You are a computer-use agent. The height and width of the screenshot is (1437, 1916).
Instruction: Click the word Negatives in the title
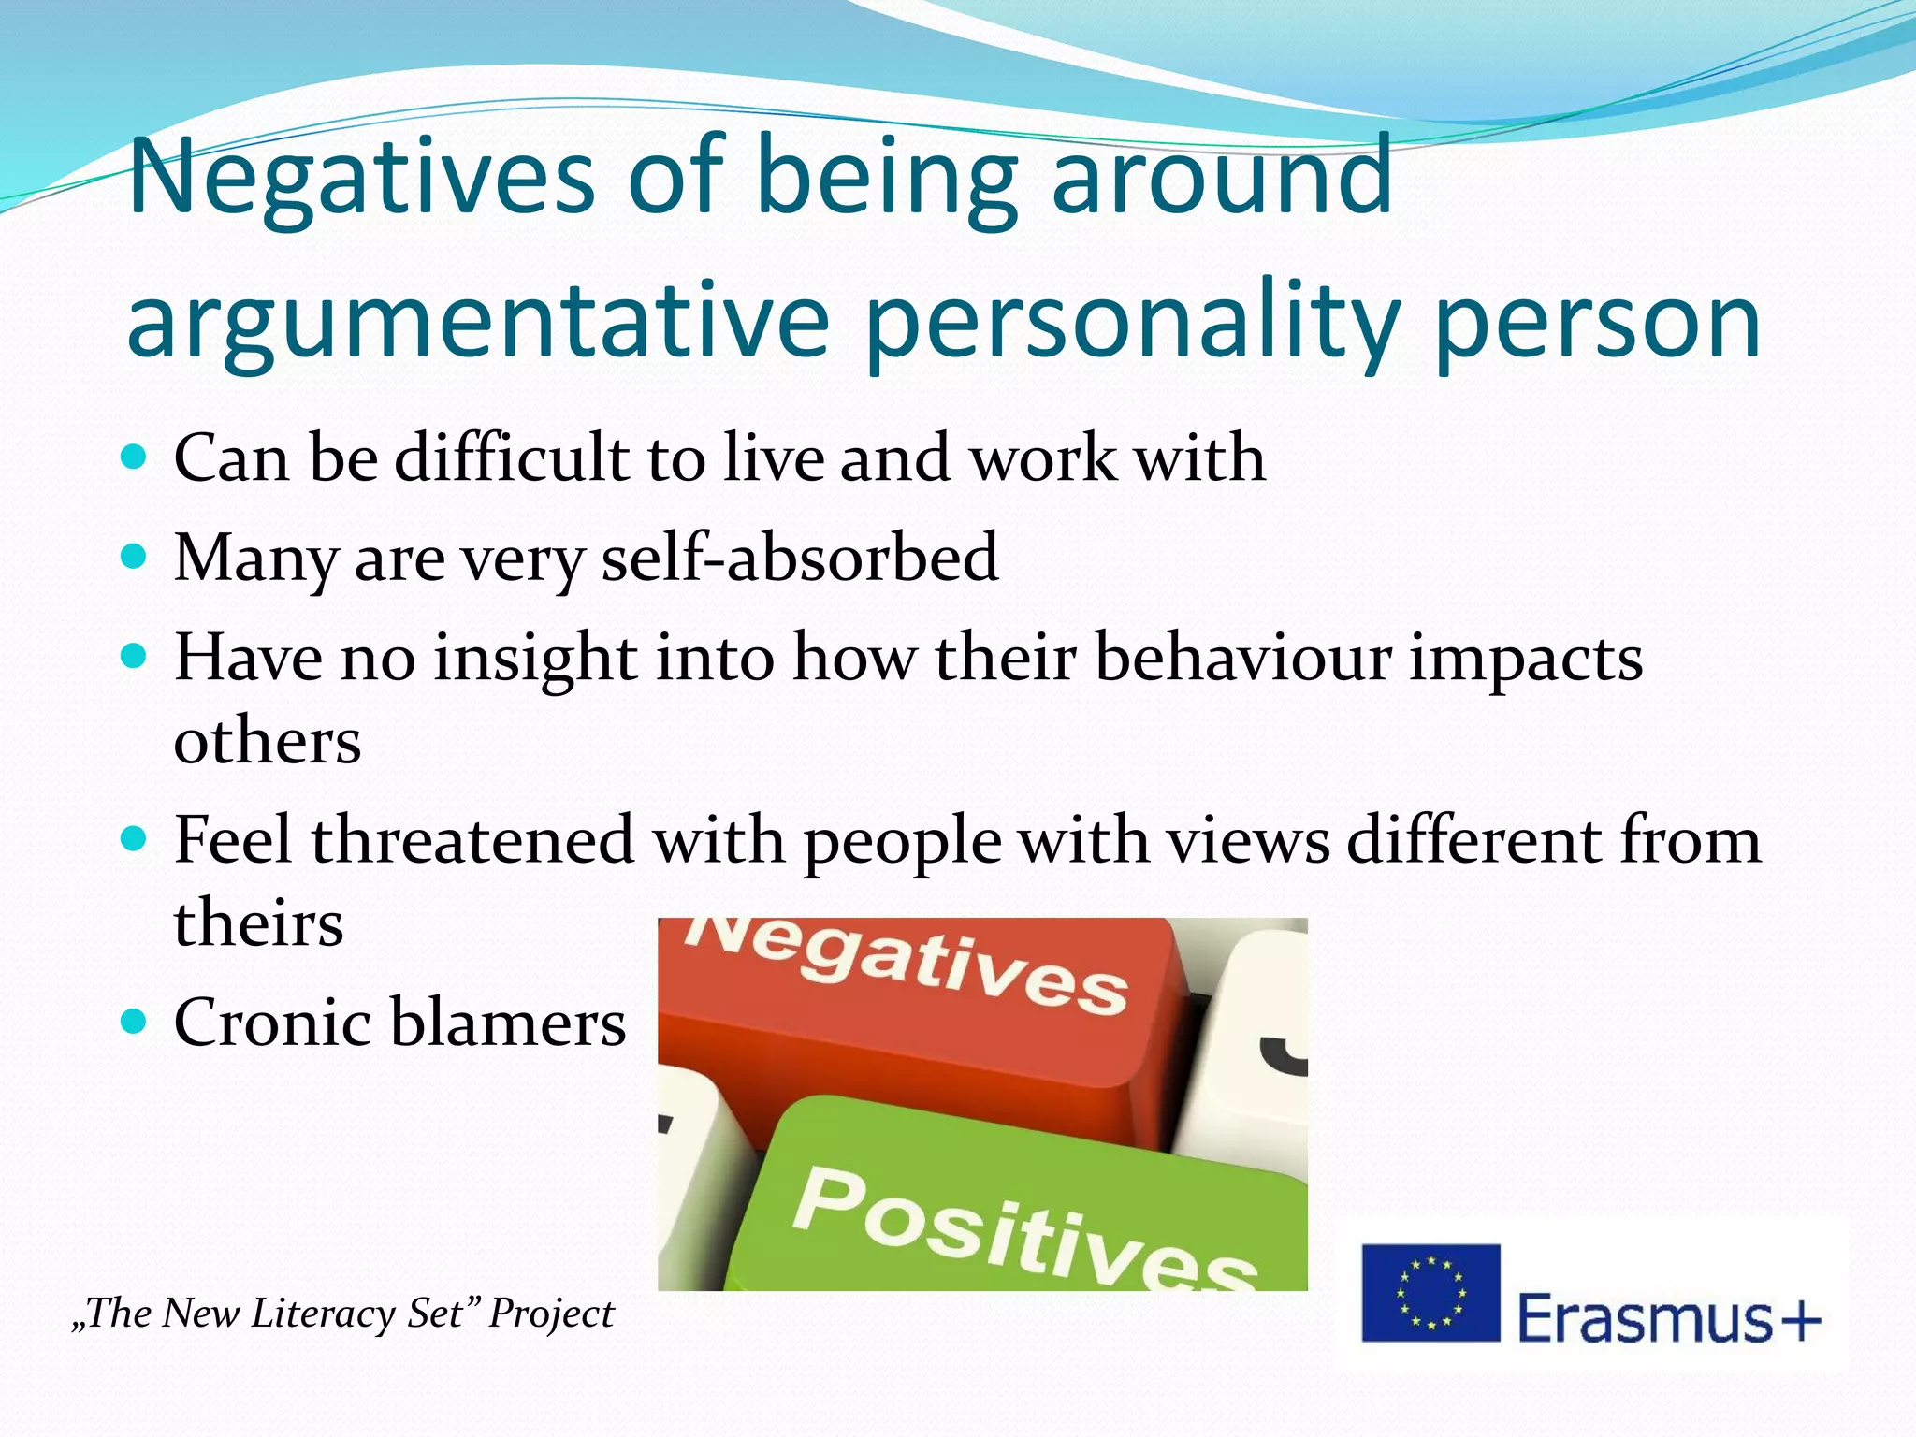pos(361,176)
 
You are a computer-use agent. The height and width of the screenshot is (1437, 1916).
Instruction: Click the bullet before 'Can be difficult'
pos(135,457)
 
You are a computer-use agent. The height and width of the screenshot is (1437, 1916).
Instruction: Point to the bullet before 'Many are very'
pos(135,557)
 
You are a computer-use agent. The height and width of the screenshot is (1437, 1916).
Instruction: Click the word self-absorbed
pos(799,557)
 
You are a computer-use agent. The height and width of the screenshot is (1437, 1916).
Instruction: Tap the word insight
pos(534,659)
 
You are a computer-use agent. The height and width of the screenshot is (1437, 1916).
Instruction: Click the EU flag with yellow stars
pos(1430,1293)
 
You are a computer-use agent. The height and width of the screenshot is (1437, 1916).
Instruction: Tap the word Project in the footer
pos(551,1314)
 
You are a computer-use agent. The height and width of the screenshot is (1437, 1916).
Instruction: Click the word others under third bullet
pos(268,741)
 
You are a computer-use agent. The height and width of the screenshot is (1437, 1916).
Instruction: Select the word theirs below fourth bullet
pos(259,922)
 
